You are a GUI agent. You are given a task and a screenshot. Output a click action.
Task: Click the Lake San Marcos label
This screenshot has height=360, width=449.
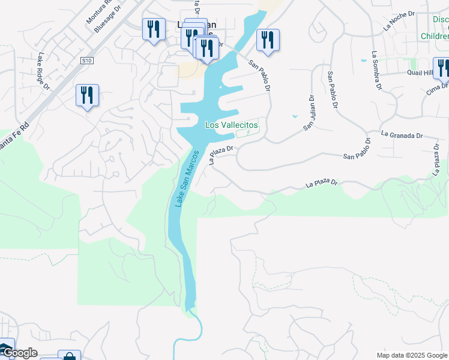187,179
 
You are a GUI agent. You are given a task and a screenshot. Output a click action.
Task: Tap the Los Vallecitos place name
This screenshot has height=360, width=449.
231,125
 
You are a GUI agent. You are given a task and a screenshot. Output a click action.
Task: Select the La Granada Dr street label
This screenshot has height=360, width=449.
402,135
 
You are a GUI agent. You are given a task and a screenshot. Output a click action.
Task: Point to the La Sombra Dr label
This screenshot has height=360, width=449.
376,71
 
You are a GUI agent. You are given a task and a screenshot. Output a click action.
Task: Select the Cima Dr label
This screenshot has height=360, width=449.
436,89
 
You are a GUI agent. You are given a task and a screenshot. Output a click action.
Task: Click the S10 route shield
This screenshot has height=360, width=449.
87,61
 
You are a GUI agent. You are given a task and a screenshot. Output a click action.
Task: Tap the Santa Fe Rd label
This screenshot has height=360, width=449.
13,139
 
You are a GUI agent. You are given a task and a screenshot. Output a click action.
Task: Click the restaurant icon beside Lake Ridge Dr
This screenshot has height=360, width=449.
87,95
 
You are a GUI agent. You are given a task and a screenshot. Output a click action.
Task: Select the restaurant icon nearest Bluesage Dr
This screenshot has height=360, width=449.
154,29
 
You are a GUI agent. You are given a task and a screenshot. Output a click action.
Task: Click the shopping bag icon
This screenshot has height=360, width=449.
70,356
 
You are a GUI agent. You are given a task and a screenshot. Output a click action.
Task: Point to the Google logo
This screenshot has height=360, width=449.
19,353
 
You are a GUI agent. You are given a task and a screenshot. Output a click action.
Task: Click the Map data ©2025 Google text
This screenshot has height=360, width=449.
411,355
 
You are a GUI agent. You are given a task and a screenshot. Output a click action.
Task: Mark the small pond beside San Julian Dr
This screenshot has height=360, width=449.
294,116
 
